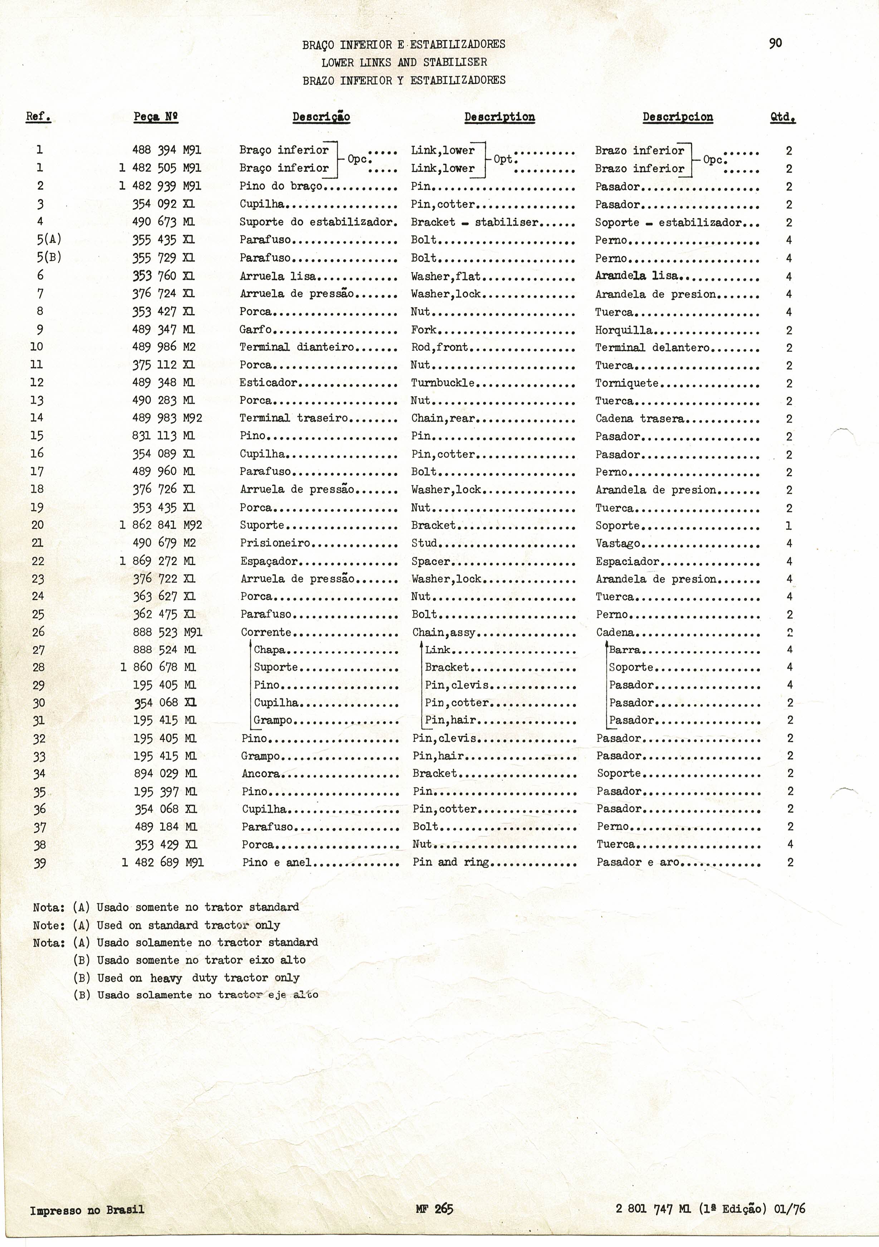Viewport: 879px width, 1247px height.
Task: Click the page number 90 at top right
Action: coord(775,43)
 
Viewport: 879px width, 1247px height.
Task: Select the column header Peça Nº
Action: coord(156,117)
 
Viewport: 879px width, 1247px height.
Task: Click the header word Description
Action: coord(499,117)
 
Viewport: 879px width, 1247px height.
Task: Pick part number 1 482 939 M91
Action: coord(160,186)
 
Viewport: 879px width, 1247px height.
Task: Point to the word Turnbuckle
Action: coord(443,383)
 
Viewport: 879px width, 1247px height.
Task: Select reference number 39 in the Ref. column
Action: coord(39,863)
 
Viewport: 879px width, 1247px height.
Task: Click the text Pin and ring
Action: coord(451,862)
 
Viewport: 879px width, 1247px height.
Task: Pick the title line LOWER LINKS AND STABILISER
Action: coord(404,62)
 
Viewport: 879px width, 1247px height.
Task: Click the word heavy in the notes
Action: coord(166,977)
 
